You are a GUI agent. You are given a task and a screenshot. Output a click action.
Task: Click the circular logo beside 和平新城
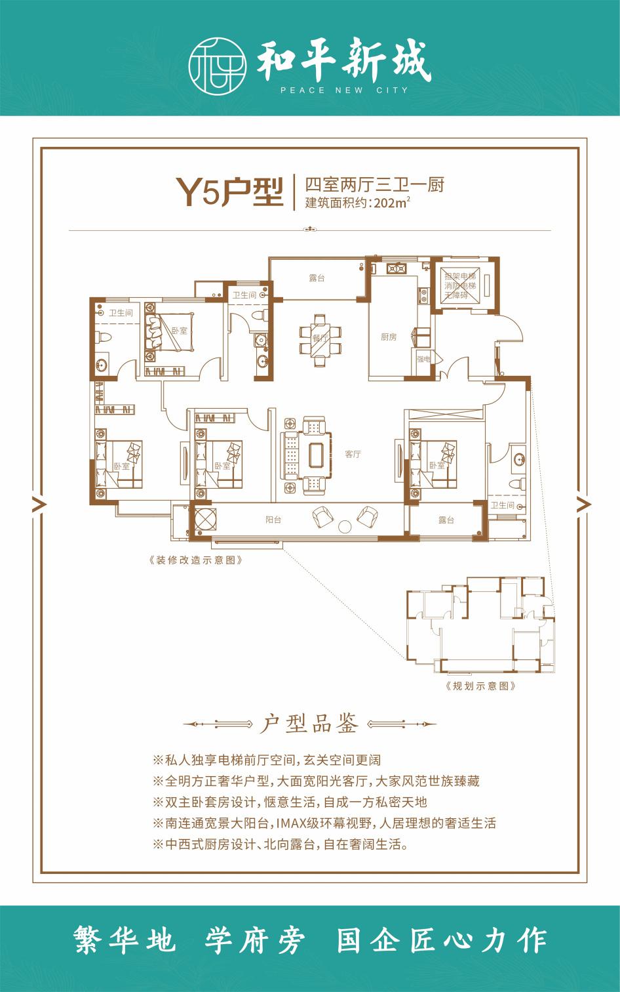coord(218,66)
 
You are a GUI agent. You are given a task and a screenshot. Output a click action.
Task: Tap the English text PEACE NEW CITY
coord(344,91)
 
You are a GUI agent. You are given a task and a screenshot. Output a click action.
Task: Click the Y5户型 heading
coord(229,192)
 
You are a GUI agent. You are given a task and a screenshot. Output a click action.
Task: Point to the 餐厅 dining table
coord(320,340)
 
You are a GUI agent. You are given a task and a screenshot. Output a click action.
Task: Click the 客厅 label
coord(353,454)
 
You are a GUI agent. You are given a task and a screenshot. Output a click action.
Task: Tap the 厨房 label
coord(389,337)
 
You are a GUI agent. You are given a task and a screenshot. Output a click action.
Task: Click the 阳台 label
coord(273,520)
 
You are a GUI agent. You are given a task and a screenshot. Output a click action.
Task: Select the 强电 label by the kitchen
coord(423,359)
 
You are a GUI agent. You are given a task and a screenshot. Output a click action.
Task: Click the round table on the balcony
coord(344,526)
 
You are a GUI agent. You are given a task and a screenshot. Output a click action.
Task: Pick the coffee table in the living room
coord(316,455)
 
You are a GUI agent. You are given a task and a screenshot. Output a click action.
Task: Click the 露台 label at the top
coord(317,278)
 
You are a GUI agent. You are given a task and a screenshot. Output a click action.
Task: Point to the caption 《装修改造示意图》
coord(197,560)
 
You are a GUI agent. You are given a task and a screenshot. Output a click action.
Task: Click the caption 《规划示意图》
coord(480,686)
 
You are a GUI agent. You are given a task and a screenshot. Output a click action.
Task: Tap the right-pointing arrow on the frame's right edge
coord(584,503)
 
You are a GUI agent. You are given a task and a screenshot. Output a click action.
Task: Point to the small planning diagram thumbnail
coord(480,625)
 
